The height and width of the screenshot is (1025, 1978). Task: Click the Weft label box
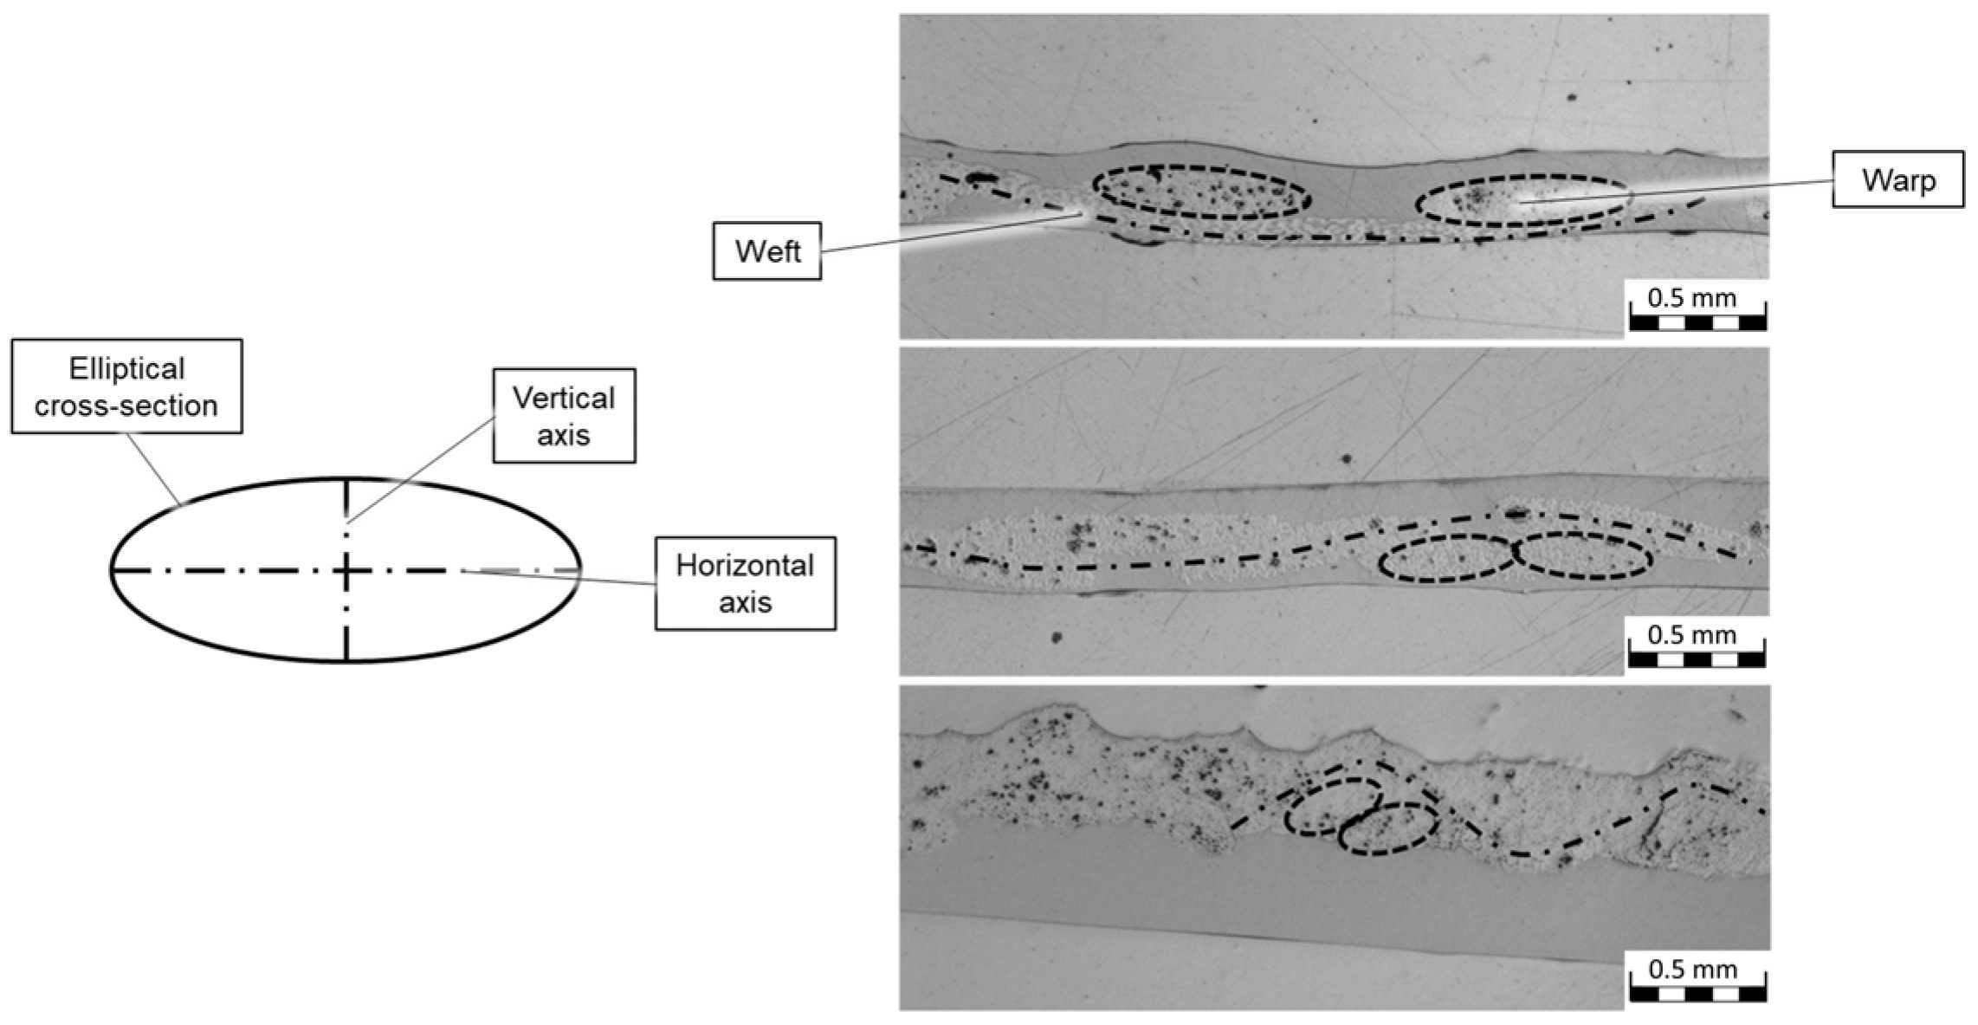point(766,251)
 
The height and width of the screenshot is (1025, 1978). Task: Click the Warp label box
point(1897,179)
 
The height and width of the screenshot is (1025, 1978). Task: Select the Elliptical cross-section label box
point(126,386)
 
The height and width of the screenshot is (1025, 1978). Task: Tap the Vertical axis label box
point(564,416)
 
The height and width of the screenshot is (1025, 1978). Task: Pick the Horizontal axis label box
point(745,583)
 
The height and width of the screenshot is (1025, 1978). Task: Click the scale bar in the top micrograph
point(1697,323)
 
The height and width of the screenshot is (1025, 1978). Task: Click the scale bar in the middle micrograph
point(1696,659)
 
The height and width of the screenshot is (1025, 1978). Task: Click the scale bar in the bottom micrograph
point(1697,993)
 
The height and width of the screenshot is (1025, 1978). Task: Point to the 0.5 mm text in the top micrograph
point(1691,298)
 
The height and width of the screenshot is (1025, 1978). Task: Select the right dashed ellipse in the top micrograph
point(1522,202)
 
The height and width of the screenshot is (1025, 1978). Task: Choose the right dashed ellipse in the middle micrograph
point(1583,555)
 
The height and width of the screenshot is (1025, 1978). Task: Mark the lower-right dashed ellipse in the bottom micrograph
point(1388,829)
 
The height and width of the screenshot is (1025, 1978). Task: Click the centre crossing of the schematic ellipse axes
point(346,570)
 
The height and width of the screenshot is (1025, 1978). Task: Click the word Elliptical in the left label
point(126,369)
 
